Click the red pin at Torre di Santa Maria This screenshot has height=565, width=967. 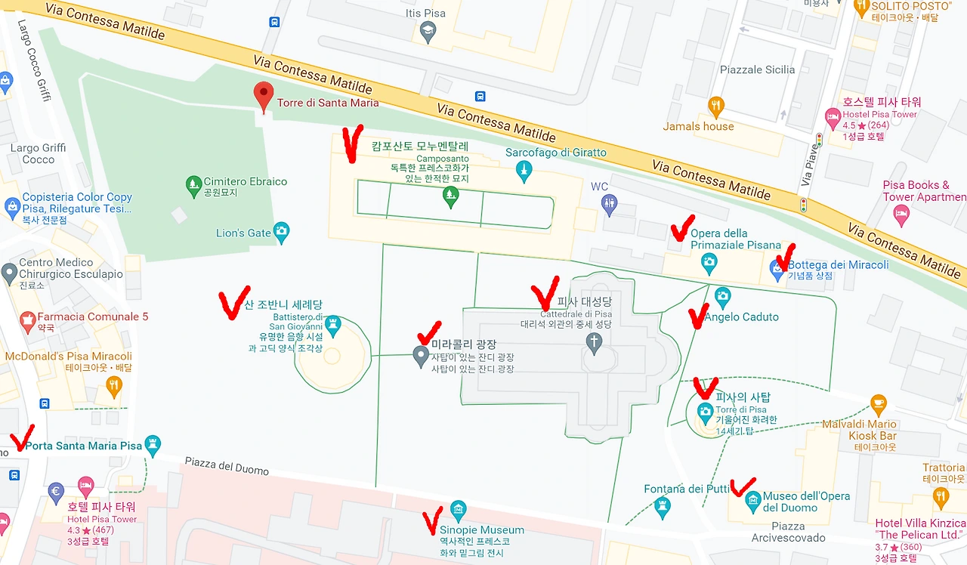263,95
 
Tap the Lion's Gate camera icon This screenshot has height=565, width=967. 282,233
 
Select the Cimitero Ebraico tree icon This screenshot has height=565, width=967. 193,184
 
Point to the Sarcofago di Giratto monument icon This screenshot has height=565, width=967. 523,173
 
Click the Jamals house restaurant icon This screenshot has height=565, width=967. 716,106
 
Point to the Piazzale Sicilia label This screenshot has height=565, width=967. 757,69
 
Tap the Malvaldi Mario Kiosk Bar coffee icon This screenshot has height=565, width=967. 878,403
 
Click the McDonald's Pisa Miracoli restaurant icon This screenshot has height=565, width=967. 114,386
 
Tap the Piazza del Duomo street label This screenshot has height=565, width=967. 227,465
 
